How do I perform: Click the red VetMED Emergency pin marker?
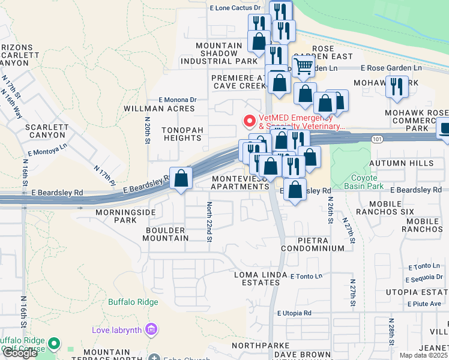249,121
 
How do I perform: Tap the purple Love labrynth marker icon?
151,329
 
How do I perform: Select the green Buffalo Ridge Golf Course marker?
55,344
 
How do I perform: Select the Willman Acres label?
159,109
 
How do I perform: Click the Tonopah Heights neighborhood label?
184,134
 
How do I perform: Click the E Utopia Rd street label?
294,313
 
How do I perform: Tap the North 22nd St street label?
209,223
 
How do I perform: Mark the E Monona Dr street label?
177,100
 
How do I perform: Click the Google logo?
20,353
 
